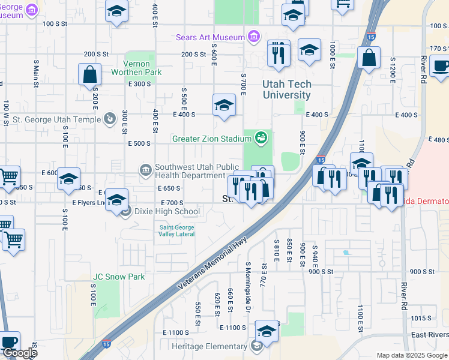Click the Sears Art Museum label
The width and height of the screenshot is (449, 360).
210,37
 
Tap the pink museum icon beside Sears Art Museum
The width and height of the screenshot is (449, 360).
254,37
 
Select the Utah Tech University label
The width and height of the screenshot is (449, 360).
286,90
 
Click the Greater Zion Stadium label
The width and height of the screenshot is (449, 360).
211,139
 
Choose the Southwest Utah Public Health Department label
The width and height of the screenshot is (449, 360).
190,172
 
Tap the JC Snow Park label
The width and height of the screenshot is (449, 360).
119,277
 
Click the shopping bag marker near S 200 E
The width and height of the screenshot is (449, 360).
89,74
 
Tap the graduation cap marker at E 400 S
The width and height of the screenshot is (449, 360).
224,105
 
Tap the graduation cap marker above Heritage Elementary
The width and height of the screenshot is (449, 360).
267,331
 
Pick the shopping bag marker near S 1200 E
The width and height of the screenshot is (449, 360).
369,58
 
